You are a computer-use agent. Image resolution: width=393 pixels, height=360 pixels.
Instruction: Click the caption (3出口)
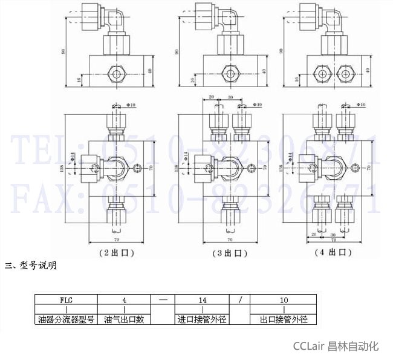click(x=229, y=252)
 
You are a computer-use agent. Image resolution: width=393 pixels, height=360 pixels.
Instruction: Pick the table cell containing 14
click(x=202, y=299)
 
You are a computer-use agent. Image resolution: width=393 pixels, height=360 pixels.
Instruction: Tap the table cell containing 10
click(x=284, y=299)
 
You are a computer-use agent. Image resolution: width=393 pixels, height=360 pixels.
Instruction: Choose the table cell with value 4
click(x=124, y=299)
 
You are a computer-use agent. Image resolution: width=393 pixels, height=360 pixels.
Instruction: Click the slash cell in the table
click(x=240, y=299)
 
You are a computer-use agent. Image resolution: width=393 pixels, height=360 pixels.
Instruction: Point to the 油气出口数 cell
click(x=124, y=319)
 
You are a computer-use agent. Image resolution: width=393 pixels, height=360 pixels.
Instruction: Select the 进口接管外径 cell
click(x=202, y=319)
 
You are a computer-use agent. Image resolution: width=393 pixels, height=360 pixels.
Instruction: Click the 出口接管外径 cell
click(x=284, y=319)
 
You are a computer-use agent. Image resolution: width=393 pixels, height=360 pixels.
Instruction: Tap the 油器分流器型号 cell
click(x=66, y=319)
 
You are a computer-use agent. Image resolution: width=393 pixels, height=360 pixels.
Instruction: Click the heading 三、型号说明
click(x=31, y=265)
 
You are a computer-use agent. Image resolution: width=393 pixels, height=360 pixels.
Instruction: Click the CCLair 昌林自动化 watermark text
click(x=336, y=346)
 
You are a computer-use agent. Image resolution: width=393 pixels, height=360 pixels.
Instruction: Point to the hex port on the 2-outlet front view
click(x=116, y=72)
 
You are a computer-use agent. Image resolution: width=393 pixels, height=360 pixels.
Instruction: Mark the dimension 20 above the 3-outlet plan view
click(x=211, y=97)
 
